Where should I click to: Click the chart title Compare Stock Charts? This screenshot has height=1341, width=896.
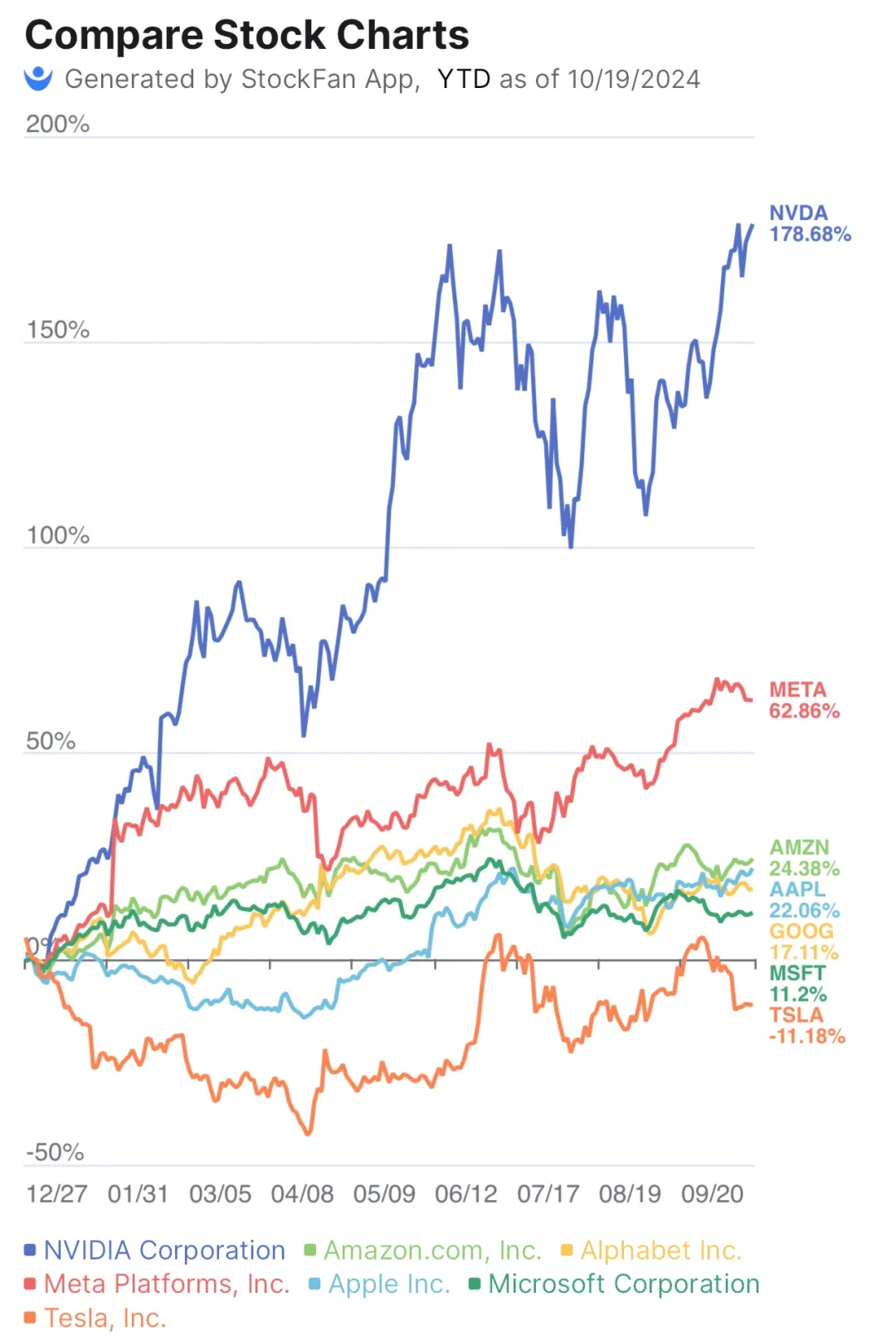click(246, 36)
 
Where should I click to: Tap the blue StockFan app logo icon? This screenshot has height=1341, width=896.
click(38, 78)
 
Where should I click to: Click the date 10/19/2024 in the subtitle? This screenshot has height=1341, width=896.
click(633, 79)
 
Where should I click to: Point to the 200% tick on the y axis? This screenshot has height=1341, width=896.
click(57, 124)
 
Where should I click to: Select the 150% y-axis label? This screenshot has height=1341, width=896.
click(57, 329)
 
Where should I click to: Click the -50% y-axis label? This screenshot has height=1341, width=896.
click(55, 1152)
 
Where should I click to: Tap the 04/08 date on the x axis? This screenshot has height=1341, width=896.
click(302, 1193)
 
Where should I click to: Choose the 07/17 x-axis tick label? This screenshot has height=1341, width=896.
click(548, 1193)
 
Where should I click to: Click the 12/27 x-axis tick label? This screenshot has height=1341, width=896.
click(56, 1193)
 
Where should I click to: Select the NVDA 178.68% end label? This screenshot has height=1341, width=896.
click(809, 224)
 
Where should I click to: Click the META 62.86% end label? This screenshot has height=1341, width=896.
click(803, 700)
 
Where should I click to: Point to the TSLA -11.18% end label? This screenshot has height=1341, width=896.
click(806, 1026)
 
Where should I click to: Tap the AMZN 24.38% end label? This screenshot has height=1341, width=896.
click(803, 858)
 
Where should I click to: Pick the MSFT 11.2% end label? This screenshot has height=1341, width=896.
click(797, 983)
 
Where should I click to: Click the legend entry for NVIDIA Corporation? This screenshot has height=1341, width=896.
click(163, 1250)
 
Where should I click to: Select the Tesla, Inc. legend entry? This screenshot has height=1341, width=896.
click(105, 1318)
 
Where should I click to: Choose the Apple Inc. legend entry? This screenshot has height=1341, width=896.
click(388, 1284)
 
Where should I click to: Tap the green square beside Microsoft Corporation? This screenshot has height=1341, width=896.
click(475, 1284)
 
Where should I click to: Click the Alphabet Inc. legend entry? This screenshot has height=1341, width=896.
click(660, 1250)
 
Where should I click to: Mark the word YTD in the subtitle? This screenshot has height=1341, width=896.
click(464, 79)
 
